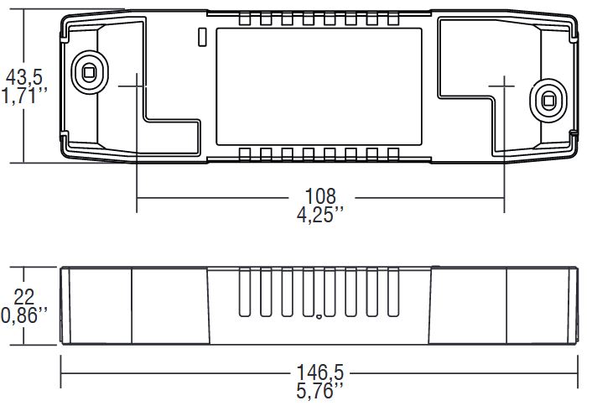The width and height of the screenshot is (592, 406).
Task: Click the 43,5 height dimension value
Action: click(x=25, y=77)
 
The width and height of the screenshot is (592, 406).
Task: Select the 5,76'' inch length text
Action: click(x=319, y=390)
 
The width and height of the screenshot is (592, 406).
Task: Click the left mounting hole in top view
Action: click(x=86, y=70)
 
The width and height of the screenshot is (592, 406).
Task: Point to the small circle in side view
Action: click(x=319, y=317)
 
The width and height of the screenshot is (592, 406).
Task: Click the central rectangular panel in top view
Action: click(x=319, y=85)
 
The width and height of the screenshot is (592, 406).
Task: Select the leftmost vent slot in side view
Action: click(x=244, y=293)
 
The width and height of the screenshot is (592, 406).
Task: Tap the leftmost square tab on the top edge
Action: click(x=244, y=19)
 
